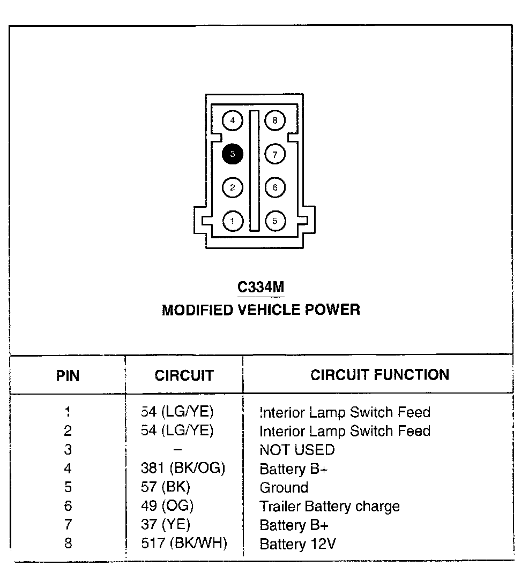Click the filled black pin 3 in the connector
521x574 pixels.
(233, 154)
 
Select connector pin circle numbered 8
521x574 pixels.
(275, 120)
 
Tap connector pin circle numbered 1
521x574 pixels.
(233, 221)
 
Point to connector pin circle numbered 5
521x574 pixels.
(275, 221)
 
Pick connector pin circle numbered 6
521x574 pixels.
(275, 187)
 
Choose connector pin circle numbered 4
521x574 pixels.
(233, 120)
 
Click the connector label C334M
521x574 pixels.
(260, 287)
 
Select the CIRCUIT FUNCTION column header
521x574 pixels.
(379, 375)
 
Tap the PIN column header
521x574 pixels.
(68, 376)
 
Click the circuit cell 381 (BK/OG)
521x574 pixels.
(183, 469)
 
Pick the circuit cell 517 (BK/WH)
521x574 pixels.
(184, 543)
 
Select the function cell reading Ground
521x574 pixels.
(284, 488)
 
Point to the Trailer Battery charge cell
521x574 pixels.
(330, 507)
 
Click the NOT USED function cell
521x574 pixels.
(297, 450)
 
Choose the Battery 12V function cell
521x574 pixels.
(298, 544)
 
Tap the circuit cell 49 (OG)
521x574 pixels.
(167, 506)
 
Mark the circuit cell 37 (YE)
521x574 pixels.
(166, 525)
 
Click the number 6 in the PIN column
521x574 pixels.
(68, 506)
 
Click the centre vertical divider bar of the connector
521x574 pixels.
(254, 171)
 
